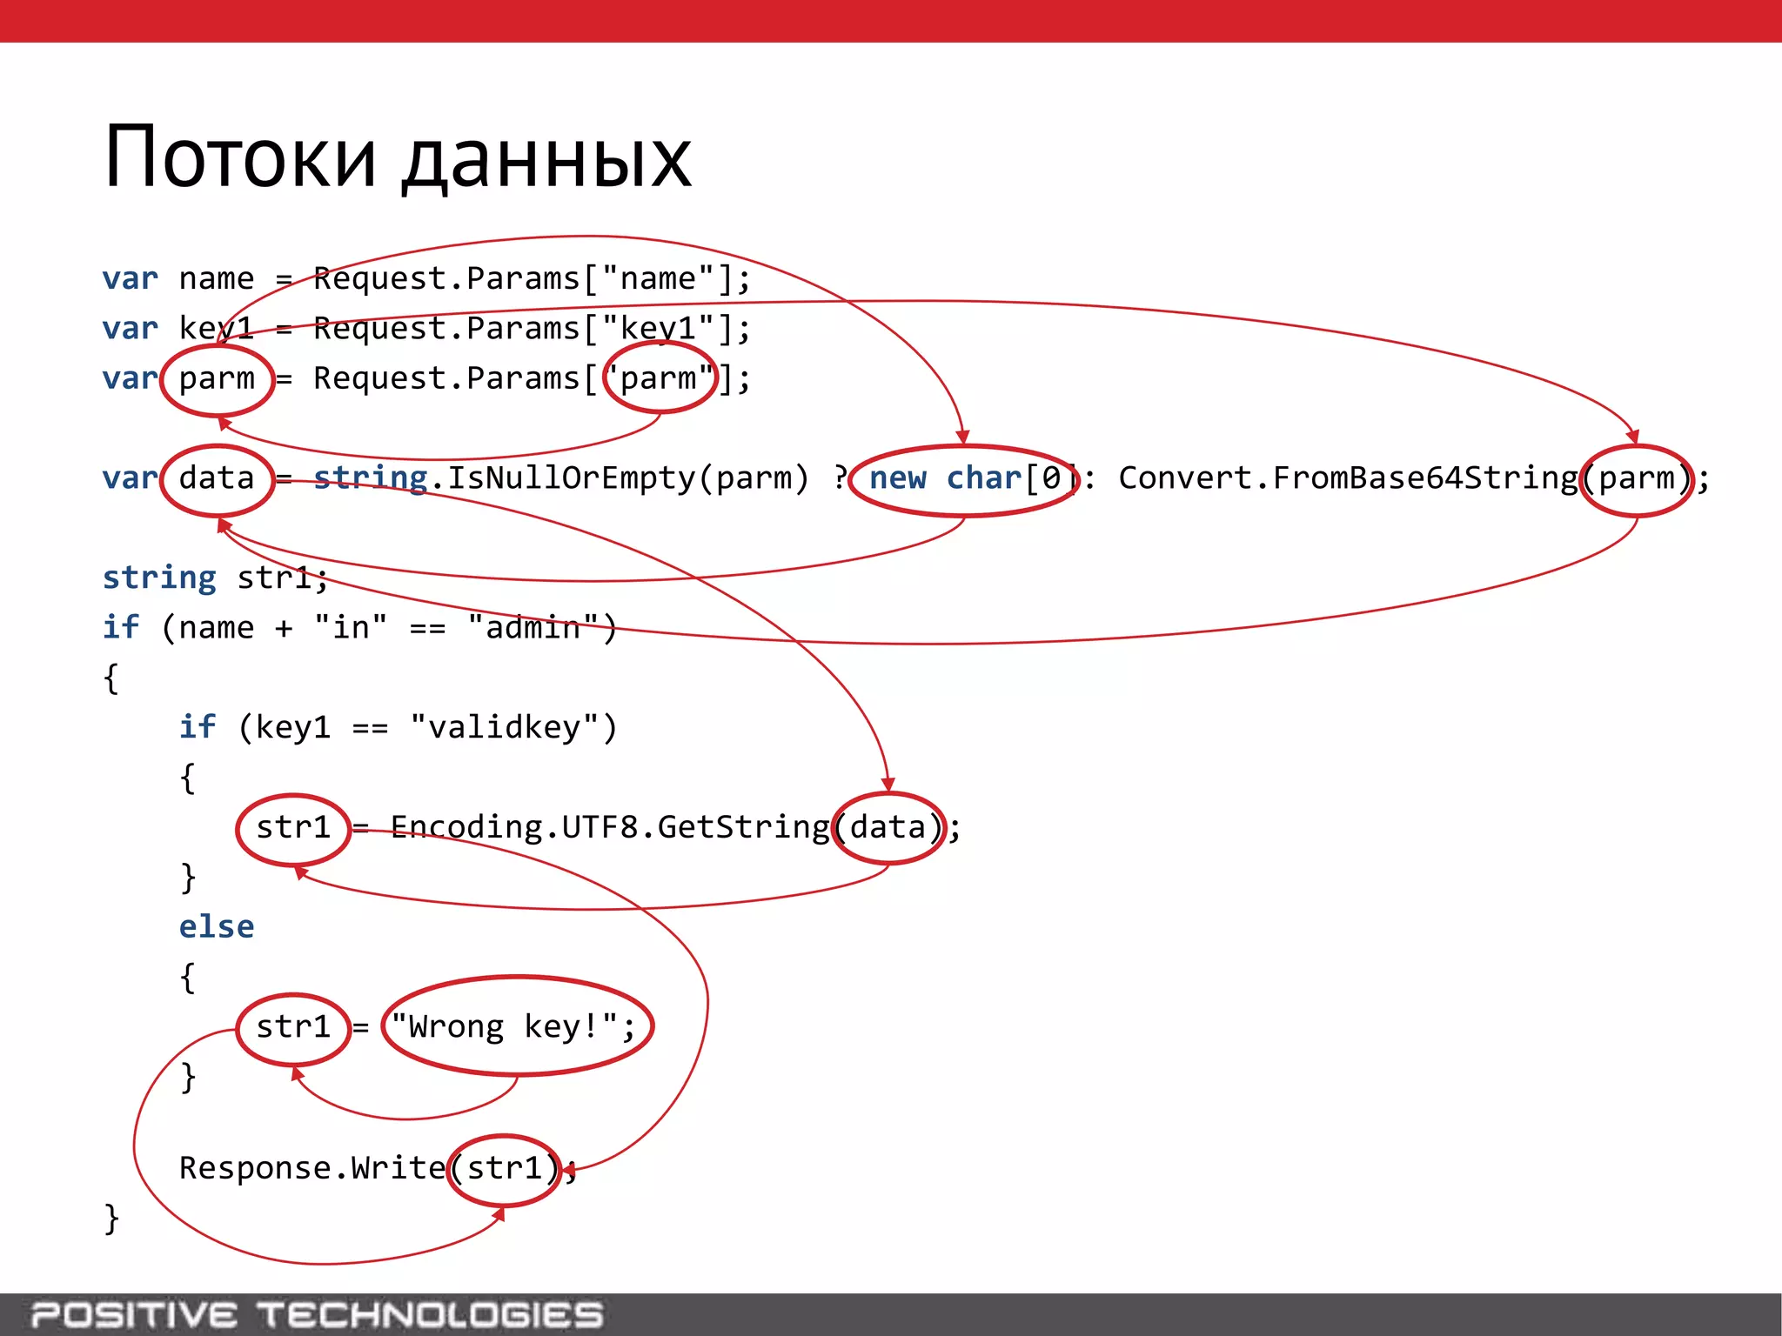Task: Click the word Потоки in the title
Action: pyautogui.click(x=239, y=158)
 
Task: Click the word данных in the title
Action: pyautogui.click(x=546, y=162)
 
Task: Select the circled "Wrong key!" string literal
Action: pyautogui.click(x=517, y=1026)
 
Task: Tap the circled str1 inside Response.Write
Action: pyautogui.click(x=505, y=1169)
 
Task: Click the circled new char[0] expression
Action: pyautogui.click(x=964, y=479)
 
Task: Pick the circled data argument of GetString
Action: pyautogui.click(x=888, y=827)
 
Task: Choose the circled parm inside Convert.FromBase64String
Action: pyautogui.click(x=1637, y=479)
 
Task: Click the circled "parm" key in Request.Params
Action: pyautogui.click(x=660, y=378)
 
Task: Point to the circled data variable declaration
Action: pyautogui.click(x=217, y=479)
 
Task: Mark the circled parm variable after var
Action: pyautogui.click(x=217, y=379)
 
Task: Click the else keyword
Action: pyautogui.click(x=217, y=927)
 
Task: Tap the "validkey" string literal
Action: pyautogui.click(x=505, y=727)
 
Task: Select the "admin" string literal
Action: pyautogui.click(x=533, y=628)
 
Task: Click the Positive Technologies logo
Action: pyautogui.click(x=317, y=1314)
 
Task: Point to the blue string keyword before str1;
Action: pyautogui.click(x=159, y=578)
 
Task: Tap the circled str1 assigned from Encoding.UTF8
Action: pyautogui.click(x=293, y=827)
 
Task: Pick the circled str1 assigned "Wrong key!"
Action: pyautogui.click(x=293, y=1027)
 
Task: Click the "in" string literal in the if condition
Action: pyautogui.click(x=351, y=628)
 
